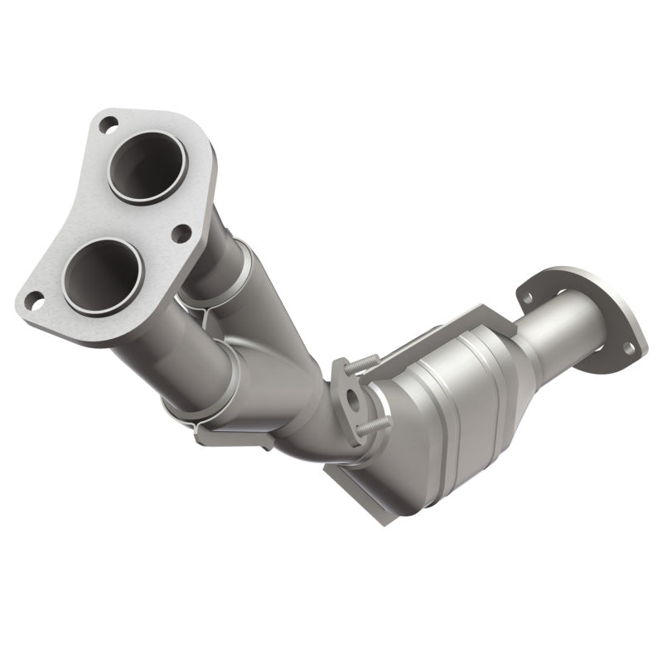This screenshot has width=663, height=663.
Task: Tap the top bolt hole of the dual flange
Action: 108,125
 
